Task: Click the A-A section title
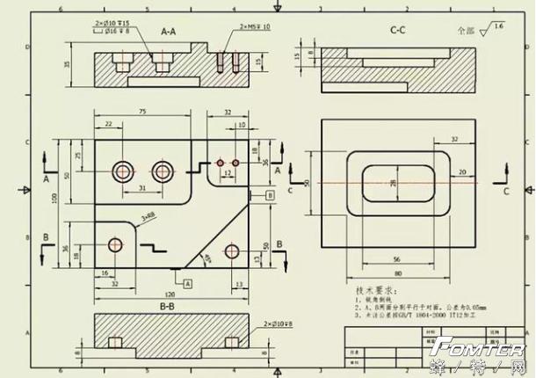169,31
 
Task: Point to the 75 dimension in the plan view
142,112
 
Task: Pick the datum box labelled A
187,281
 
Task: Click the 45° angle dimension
208,257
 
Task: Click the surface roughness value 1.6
500,28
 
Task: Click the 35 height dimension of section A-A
67,64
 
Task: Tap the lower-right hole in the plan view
231,251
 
